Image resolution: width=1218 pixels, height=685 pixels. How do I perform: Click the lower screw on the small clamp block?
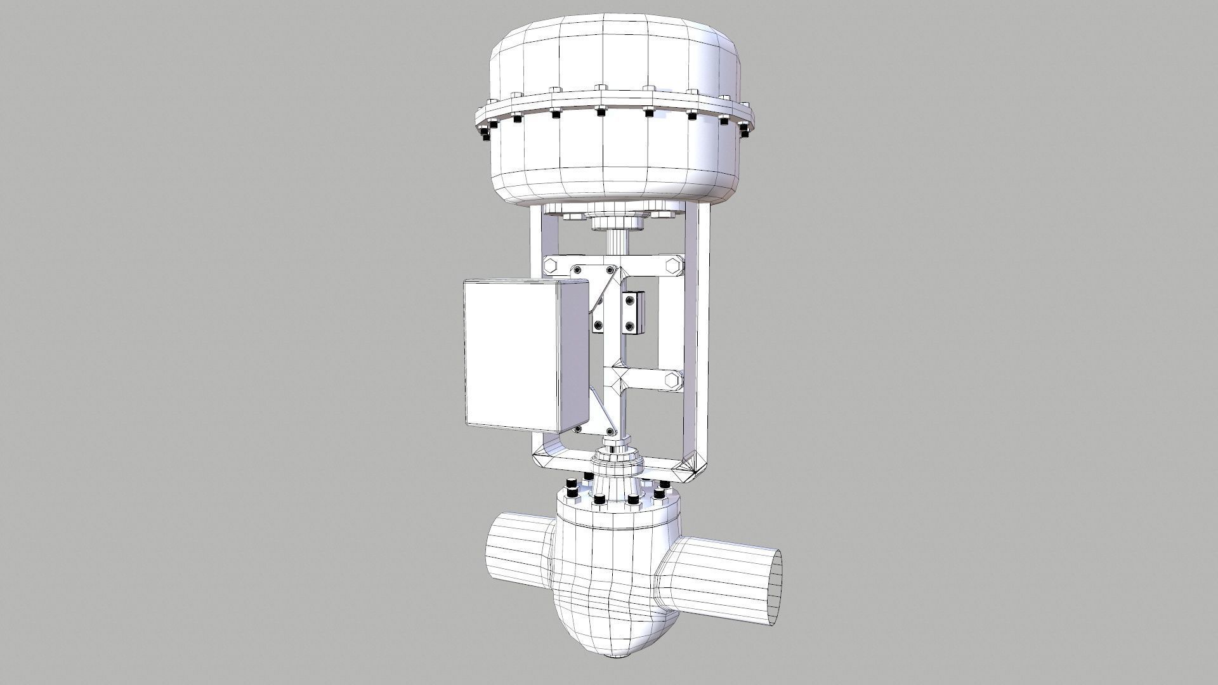(x=630, y=326)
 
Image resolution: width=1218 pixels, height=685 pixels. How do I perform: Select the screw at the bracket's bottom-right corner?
(x=610, y=432)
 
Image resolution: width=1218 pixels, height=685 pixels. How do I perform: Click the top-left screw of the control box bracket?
(x=577, y=271)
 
